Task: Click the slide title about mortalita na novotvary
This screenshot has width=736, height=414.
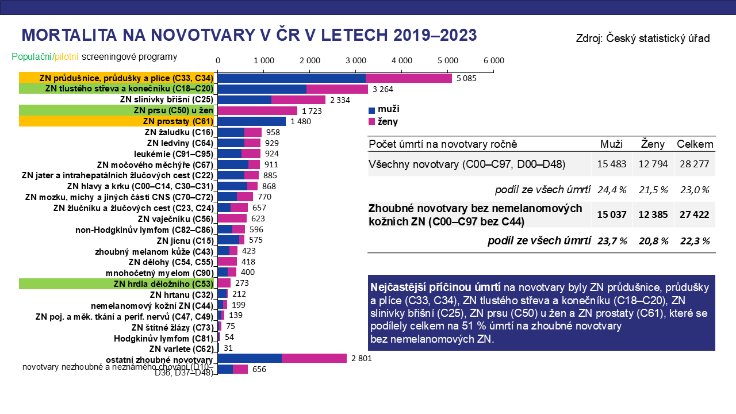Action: [249, 35]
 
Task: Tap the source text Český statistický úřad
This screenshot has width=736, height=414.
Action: [643, 39]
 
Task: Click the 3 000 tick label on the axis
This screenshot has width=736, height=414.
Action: [355, 60]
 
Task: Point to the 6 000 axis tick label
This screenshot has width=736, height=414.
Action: [493, 60]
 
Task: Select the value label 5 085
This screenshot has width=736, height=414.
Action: [466, 78]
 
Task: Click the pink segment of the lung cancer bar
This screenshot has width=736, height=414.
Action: [408, 78]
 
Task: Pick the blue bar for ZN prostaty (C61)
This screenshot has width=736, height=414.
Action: [251, 121]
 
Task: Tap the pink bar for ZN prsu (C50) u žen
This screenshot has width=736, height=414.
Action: [257, 110]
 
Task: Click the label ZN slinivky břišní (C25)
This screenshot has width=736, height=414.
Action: [166, 99]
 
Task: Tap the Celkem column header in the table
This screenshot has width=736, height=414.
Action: [695, 144]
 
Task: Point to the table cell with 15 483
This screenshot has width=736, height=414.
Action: [612, 164]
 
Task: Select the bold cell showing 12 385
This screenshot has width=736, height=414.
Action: [653, 214]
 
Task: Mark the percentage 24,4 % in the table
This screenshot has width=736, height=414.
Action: [612, 190]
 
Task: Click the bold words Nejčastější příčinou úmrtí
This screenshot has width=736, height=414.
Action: [435, 287]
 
